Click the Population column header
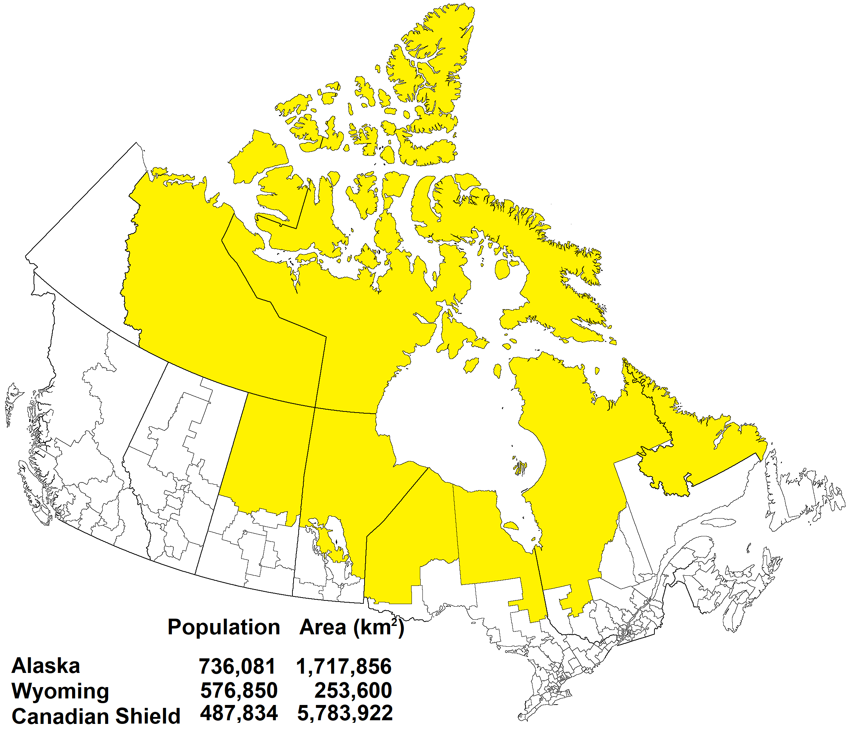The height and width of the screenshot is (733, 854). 224,627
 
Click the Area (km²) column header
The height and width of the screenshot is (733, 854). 351,627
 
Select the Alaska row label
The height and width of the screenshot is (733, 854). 46,666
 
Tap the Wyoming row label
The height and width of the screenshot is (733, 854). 60,691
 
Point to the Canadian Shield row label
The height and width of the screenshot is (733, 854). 96,716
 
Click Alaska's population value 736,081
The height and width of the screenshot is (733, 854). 237,667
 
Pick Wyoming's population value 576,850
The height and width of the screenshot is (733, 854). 239,690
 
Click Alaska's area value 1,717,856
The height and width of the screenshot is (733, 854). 344,667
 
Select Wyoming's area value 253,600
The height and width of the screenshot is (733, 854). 353,690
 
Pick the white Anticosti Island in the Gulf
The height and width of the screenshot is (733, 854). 717,523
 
